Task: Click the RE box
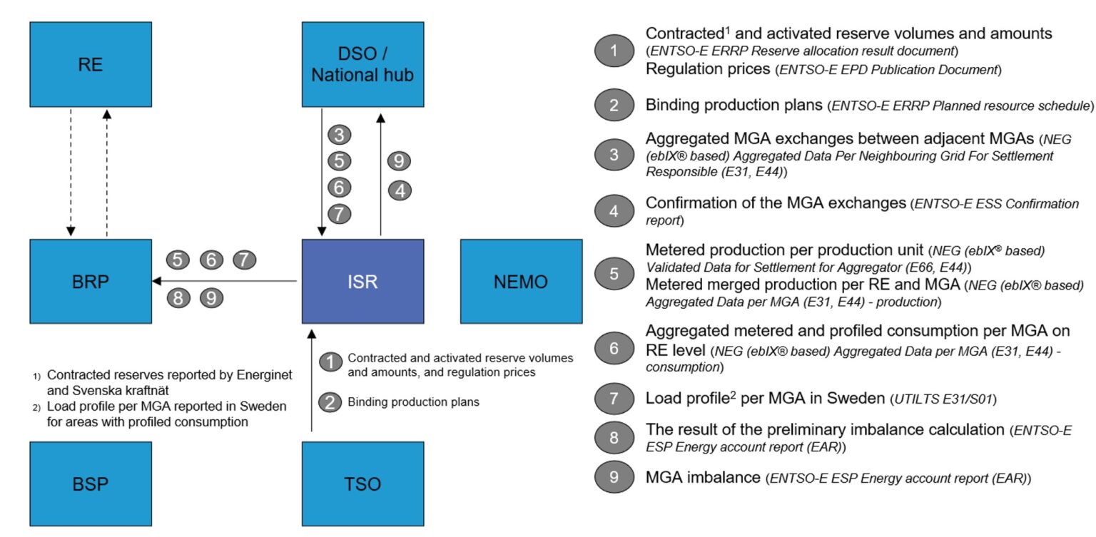(91, 65)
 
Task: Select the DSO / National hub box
(362, 65)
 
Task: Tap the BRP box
(91, 281)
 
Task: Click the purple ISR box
(362, 281)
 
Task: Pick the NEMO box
(521, 281)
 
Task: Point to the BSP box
(91, 484)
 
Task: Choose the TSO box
(362, 484)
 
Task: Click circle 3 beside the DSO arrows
(340, 134)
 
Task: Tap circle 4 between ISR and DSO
(399, 190)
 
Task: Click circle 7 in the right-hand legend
(614, 399)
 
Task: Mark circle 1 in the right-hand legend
(614, 51)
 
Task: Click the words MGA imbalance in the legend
(702, 477)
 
